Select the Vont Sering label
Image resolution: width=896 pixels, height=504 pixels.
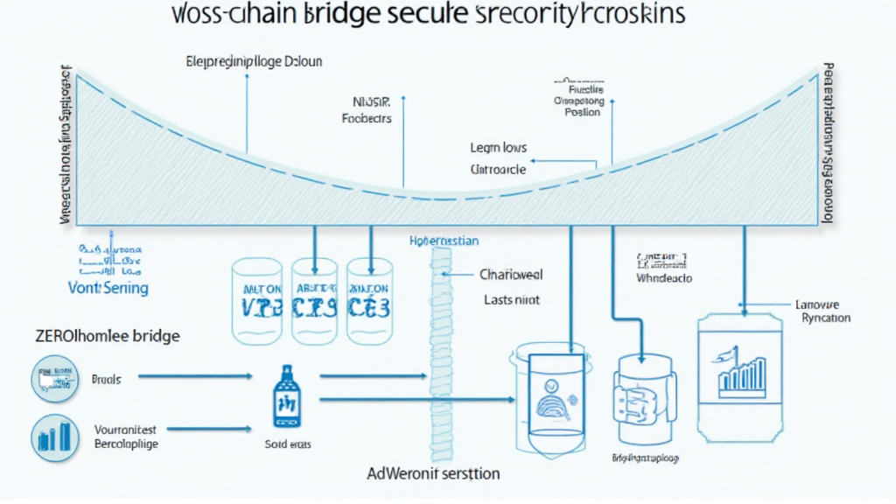coord(108,287)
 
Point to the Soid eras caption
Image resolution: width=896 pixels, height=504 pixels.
coord(286,444)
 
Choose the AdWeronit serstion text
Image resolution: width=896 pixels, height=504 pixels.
coord(433,473)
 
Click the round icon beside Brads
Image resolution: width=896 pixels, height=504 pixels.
coord(54,380)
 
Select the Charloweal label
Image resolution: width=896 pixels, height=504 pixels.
coord(512,274)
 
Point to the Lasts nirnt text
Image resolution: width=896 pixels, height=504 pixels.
coord(512,299)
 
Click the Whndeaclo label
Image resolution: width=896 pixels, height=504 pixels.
coord(664,277)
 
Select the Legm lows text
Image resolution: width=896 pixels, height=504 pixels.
coord(498,148)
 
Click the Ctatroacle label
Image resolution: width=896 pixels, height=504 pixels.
coord(498,170)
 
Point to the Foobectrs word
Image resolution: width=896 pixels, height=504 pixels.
coord(366,118)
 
